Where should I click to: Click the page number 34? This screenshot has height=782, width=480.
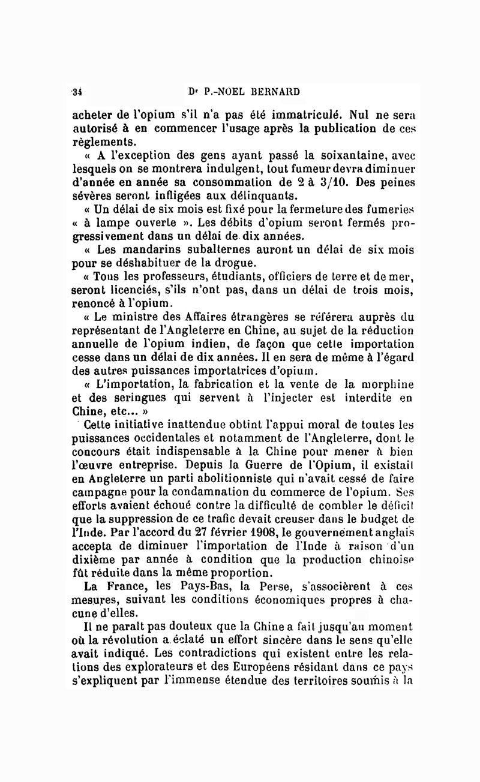pyautogui.click(x=77, y=92)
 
